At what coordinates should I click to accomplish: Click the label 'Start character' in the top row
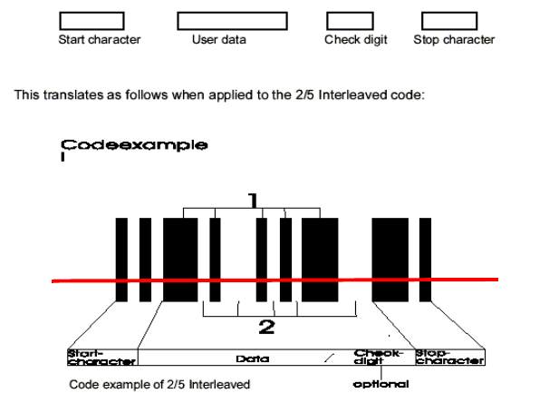tap(100, 40)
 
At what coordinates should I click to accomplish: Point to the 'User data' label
tap(218, 40)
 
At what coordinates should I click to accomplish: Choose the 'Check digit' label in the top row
tap(356, 40)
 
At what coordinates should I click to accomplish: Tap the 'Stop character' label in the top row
tap(454, 40)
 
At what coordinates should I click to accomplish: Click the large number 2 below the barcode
tap(266, 324)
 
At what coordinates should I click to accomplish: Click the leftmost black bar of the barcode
tap(121, 260)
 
